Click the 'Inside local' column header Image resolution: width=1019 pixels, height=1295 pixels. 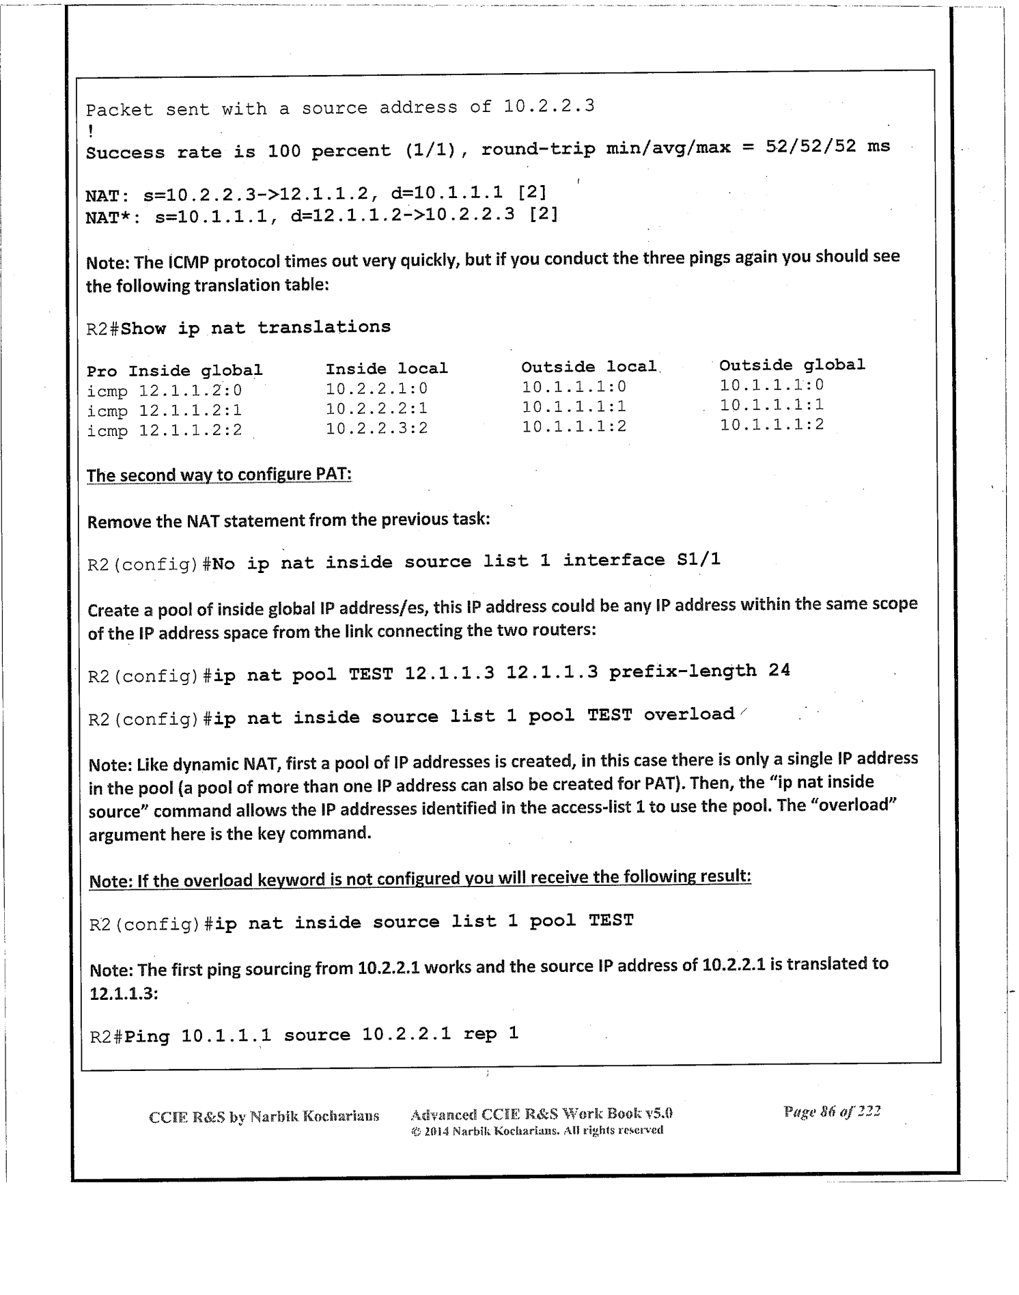[387, 369]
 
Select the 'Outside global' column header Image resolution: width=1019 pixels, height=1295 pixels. [792, 365]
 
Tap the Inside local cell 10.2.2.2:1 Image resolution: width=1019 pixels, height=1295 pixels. [376, 408]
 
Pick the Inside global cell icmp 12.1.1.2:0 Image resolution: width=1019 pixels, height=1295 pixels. [165, 391]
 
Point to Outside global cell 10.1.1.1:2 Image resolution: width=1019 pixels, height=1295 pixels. [772, 425]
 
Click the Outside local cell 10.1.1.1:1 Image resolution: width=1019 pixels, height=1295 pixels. [574, 407]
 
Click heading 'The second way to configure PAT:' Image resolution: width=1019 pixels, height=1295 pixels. [219, 474]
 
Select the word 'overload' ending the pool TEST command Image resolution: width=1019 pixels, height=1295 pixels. [688, 714]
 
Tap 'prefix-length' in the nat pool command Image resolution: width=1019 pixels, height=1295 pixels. [682, 671]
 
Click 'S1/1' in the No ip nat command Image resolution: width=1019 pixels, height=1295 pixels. [699, 560]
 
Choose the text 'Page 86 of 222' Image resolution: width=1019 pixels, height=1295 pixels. [832, 1111]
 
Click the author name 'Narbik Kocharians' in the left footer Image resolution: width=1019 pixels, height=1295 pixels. [314, 1117]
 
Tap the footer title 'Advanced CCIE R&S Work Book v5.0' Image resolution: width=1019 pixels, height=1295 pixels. [542, 1114]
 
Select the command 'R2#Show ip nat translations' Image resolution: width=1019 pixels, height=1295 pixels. [238, 328]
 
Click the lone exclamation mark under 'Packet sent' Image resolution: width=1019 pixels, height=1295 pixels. [90, 128]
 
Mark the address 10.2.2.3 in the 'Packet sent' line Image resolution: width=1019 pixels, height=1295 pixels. [548, 106]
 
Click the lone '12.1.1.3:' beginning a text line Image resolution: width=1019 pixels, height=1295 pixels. [124, 993]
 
